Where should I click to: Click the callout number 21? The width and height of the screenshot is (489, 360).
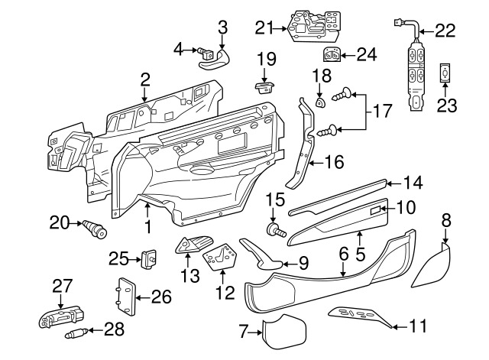click(264, 28)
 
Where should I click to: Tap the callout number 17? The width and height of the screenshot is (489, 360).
click(381, 112)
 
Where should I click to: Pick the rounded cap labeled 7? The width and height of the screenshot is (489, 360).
click(286, 331)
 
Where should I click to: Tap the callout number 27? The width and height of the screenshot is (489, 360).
click(61, 286)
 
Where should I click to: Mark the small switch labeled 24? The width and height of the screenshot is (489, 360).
click(332, 54)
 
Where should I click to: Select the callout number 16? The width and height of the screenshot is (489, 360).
click(334, 161)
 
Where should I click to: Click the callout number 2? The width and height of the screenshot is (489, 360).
click(144, 78)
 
